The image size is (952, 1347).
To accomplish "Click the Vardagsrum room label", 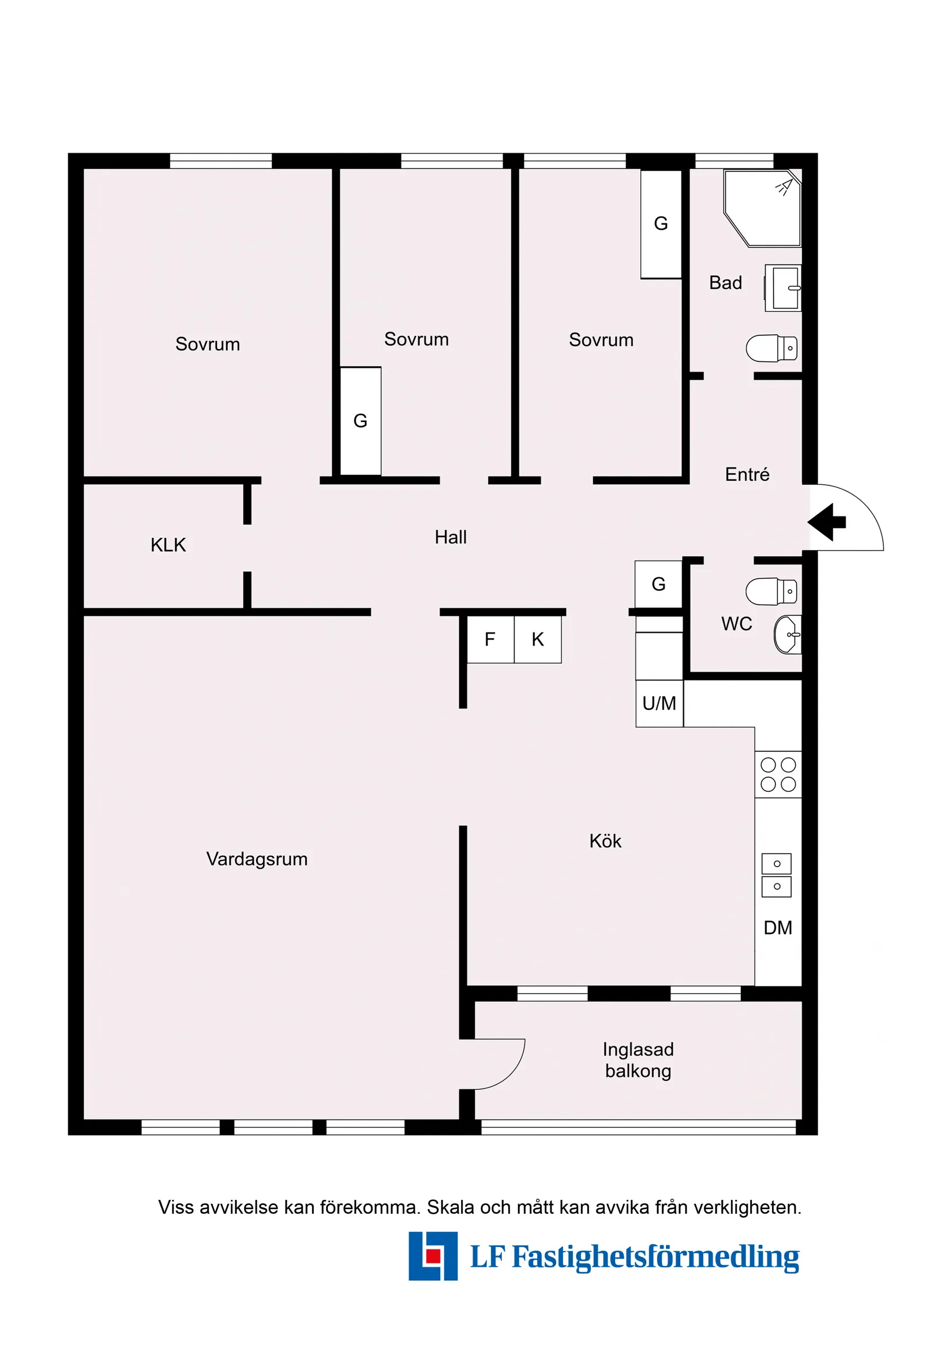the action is click(257, 859).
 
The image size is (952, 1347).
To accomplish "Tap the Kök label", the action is click(605, 841).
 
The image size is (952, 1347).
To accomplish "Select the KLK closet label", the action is click(168, 545).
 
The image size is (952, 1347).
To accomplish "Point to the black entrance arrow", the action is click(826, 522).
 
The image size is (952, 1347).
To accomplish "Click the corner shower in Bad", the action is click(762, 208).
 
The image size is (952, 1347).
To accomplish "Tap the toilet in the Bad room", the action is click(771, 349).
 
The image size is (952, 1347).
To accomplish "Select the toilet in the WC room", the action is click(771, 592).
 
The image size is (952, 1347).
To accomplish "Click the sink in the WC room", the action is click(788, 634).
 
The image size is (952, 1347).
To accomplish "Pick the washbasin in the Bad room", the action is click(783, 287).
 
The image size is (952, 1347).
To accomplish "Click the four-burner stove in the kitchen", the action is click(778, 774).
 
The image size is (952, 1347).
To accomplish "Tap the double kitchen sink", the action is click(777, 875).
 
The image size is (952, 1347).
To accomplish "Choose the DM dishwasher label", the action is click(778, 927).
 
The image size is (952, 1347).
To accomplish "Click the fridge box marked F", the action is click(490, 639).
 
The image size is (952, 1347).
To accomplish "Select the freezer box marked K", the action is click(538, 639).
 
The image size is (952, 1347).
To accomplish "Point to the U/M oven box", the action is click(659, 704).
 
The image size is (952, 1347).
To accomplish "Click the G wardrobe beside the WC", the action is click(659, 584).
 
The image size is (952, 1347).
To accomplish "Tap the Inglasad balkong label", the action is click(638, 1060).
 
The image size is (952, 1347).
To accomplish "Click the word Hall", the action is click(451, 537).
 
